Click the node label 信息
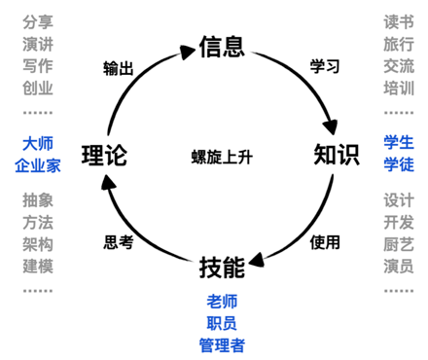(x=221, y=46)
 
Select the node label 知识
(x=337, y=154)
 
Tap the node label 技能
(x=221, y=265)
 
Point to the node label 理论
(x=104, y=154)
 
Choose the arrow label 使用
(x=324, y=240)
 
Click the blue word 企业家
(x=38, y=165)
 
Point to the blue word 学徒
(x=399, y=165)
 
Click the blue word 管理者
(x=221, y=342)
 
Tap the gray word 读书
(x=399, y=21)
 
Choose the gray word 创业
(x=38, y=89)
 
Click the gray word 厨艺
(x=399, y=244)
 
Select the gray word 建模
(x=38, y=266)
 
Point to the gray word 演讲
(x=38, y=44)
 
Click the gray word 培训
(x=399, y=89)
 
